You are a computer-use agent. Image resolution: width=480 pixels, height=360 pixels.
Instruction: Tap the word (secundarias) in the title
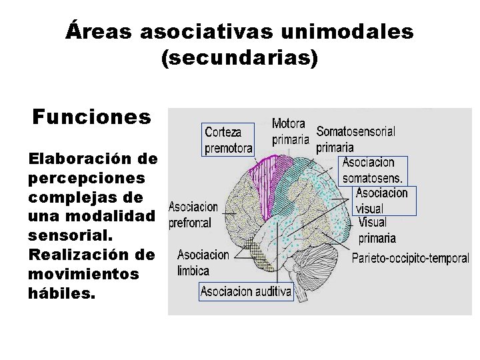click(x=240, y=59)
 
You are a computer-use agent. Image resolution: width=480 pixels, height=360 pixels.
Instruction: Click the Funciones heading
click(x=92, y=117)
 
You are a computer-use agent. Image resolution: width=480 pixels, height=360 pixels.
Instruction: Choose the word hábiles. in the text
click(x=63, y=293)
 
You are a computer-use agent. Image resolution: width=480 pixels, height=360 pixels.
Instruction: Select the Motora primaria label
click(x=290, y=131)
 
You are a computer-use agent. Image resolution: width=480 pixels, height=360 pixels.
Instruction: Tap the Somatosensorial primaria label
click(x=355, y=138)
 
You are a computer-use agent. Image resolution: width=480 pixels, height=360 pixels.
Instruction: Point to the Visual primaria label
click(x=377, y=229)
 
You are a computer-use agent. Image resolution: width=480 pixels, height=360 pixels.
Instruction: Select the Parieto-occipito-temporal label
click(x=410, y=258)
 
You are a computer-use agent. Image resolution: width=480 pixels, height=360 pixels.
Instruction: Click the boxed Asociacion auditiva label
click(x=246, y=291)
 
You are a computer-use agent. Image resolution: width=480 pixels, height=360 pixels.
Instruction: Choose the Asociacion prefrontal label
click(x=193, y=215)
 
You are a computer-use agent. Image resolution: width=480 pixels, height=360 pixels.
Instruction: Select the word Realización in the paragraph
click(x=72, y=256)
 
